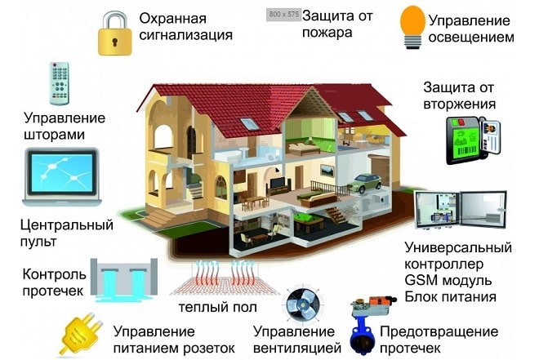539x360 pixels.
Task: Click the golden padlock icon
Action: [x=115, y=33]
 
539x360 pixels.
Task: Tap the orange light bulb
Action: [x=412, y=27]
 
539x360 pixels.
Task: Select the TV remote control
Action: [x=60, y=83]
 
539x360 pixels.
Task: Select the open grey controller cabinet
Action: [x=461, y=210]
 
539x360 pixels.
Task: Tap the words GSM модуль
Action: [x=448, y=280]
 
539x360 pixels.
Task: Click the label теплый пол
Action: [x=217, y=307]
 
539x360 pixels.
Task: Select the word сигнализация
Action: [x=186, y=35]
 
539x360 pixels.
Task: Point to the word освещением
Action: [x=471, y=37]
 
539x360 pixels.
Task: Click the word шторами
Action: [x=55, y=135]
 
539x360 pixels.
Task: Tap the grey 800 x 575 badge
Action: [x=283, y=15]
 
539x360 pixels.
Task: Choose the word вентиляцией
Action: [x=297, y=348]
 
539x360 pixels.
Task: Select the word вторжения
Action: [x=460, y=104]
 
